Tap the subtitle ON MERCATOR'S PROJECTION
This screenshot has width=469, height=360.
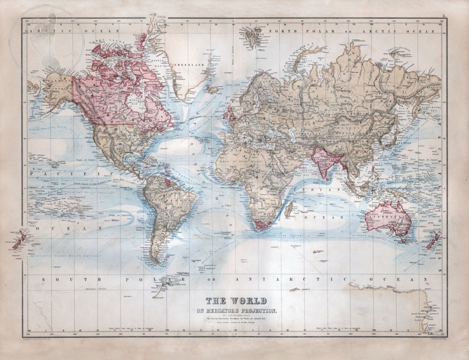click(x=234, y=310)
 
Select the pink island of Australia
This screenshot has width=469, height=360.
click(x=387, y=218)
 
